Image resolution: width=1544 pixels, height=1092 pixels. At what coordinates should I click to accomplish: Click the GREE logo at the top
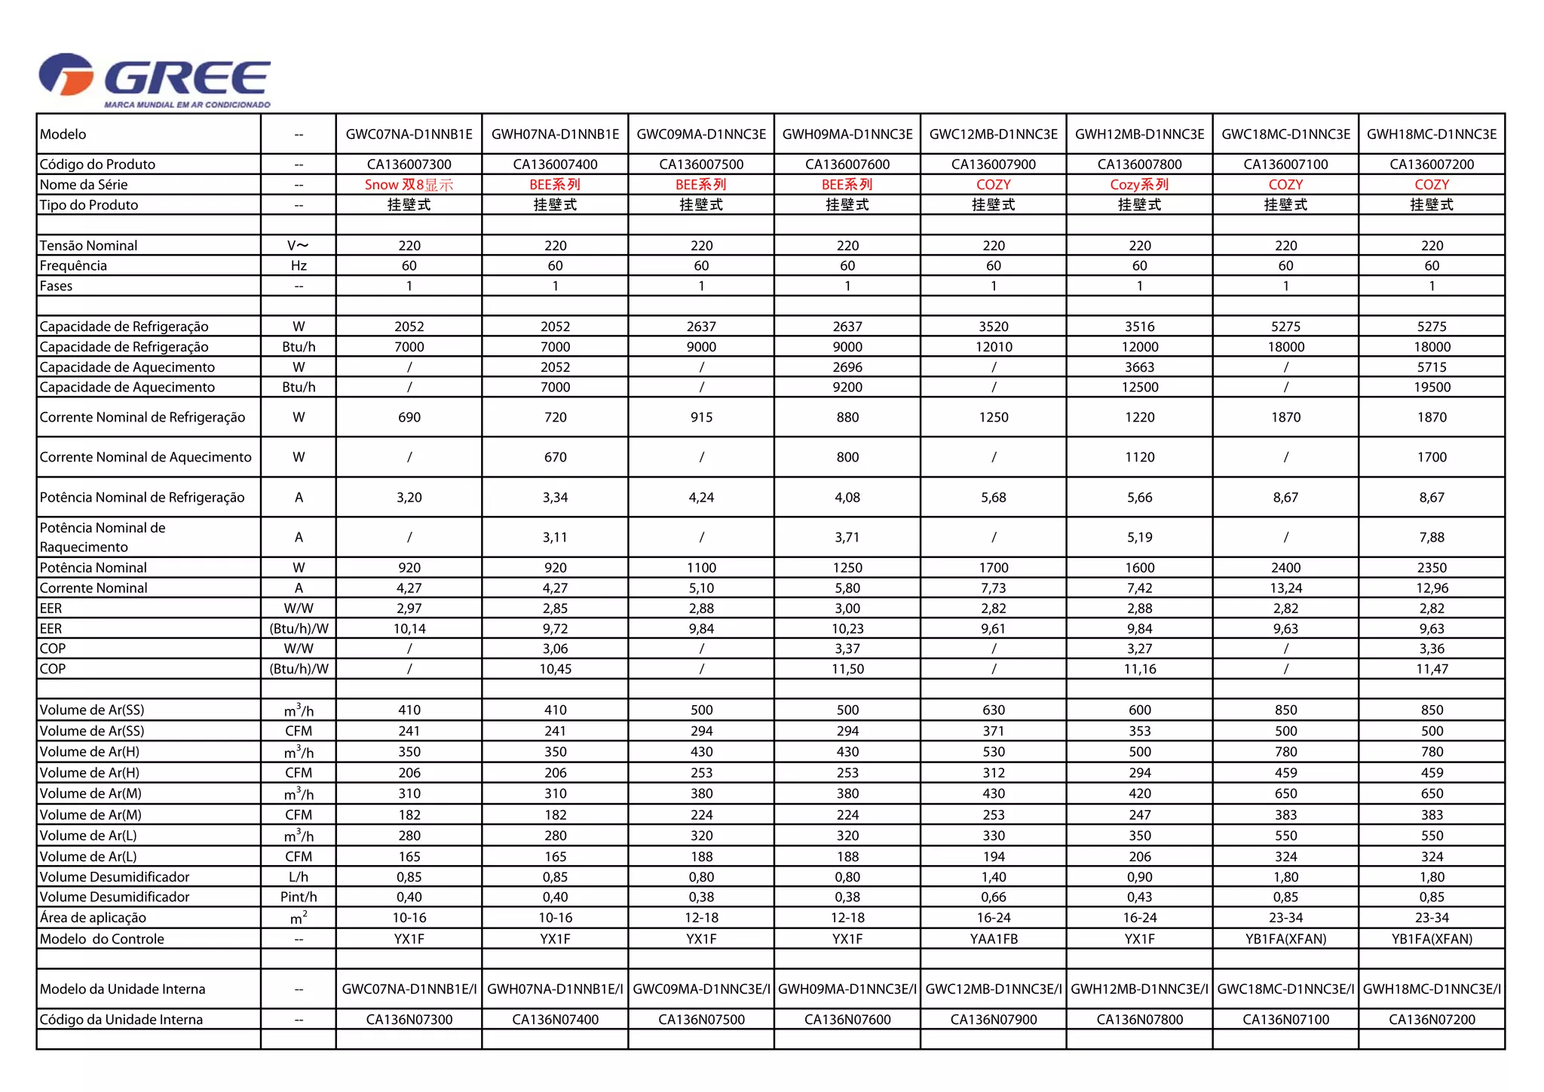tap(155, 79)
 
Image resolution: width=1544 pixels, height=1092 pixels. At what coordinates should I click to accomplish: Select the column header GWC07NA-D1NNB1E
tap(409, 134)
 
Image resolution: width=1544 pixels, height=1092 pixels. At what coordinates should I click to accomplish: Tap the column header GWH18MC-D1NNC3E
tap(1431, 134)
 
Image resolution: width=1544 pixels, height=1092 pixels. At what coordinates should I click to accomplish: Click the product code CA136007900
tap(993, 164)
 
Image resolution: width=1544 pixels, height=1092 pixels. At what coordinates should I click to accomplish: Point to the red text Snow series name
tap(409, 185)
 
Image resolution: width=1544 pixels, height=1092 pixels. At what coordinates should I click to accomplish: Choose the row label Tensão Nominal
tap(88, 246)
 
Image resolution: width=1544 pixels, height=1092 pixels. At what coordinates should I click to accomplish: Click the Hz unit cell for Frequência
tap(299, 265)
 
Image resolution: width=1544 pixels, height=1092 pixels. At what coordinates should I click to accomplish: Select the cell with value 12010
tap(993, 347)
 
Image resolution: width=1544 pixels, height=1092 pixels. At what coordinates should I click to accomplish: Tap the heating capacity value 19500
tap(1431, 387)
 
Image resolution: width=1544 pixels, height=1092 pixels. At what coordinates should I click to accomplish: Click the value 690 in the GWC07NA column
tap(409, 417)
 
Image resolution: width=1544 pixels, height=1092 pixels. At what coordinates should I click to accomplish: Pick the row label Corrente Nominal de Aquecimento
tap(146, 457)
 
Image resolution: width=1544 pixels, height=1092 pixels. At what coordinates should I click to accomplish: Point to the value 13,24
tap(1285, 588)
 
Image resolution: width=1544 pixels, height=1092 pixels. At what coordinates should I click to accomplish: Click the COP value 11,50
tap(847, 669)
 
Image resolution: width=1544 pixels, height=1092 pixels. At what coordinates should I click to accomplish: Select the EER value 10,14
tap(409, 628)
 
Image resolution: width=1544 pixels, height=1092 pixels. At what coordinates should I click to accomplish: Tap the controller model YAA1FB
tap(993, 939)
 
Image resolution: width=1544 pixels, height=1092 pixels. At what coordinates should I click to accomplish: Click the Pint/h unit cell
tap(299, 897)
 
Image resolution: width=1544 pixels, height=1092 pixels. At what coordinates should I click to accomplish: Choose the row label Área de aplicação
tap(93, 918)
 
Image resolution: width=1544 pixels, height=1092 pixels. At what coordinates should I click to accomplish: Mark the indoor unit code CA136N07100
tap(1285, 1020)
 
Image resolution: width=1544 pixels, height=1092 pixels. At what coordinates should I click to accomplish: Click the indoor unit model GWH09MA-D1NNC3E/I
tap(847, 989)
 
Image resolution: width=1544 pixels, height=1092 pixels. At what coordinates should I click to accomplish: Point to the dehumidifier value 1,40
tap(993, 877)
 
